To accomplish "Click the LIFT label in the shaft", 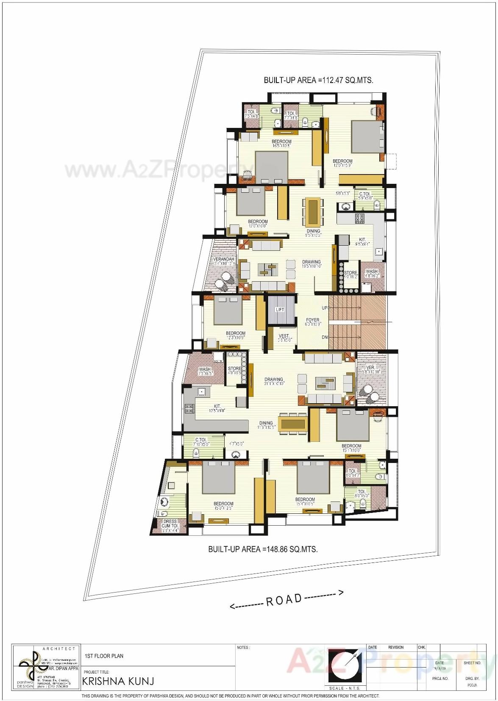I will [x=280, y=310].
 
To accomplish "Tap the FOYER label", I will [x=312, y=320].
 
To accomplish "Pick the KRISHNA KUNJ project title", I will [x=118, y=681].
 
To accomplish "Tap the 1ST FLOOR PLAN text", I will [x=104, y=656].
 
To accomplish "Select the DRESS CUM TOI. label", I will [x=170, y=524].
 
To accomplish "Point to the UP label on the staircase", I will [x=325, y=308].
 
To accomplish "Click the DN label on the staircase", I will [x=325, y=337].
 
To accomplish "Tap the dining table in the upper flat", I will [x=313, y=212].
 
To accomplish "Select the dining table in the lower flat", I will [x=292, y=424].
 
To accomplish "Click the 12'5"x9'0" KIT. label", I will [x=217, y=408].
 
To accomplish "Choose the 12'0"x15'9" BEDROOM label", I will [x=342, y=163].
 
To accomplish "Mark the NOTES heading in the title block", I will [x=243, y=648].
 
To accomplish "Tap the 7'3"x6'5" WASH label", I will [x=205, y=371].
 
